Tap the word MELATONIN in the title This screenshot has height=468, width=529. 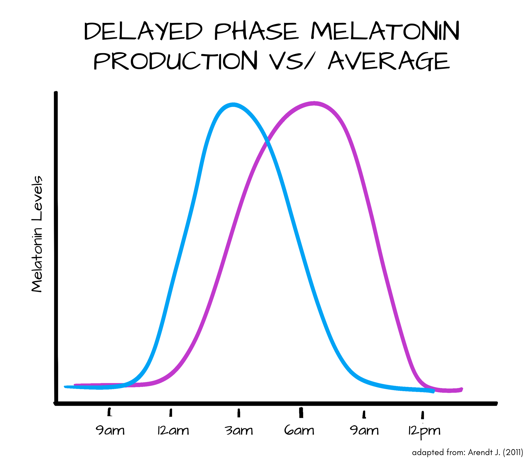pos(385,31)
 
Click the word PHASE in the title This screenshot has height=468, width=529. pos(256,31)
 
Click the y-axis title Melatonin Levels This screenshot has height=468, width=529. pos(37,234)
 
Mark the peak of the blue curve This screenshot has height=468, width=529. pos(233,105)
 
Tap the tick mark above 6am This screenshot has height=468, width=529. pos(301,412)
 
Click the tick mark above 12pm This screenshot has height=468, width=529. pos(422,415)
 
